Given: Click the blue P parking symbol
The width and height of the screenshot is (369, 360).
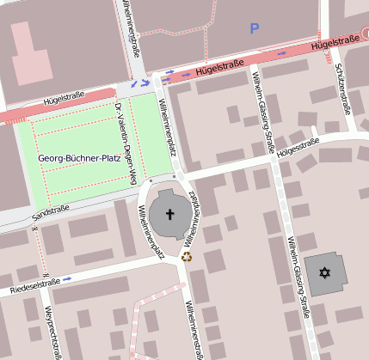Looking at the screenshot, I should point(254,29).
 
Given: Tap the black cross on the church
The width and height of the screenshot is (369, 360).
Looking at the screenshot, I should point(169,215).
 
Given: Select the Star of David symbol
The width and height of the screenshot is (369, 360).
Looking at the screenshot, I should point(324,272).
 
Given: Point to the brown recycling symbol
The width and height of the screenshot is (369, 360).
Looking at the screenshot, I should point(186,255).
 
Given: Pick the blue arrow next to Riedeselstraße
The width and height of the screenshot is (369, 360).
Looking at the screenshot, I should point(67,279).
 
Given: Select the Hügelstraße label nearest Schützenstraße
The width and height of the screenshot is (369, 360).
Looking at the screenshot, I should point(335,42).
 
